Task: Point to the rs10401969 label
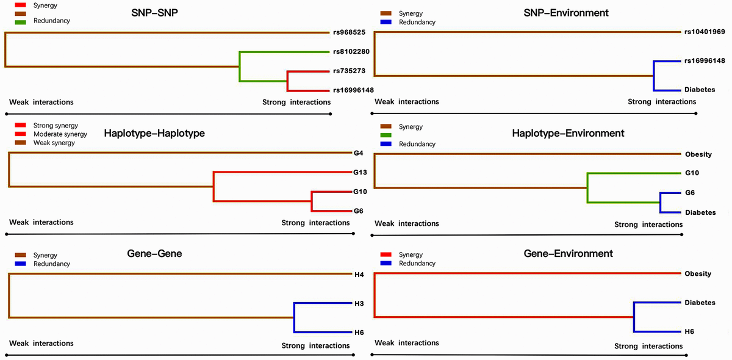705,32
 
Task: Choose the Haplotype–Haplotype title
154,133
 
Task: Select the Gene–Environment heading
569,253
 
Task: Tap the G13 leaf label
360,172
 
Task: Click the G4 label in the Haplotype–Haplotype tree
358,153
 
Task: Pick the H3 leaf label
359,303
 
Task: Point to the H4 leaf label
359,275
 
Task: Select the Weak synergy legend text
54,143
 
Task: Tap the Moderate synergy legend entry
60,134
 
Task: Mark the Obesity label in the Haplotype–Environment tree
698,154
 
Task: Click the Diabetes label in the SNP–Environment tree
700,90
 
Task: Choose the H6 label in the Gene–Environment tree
689,331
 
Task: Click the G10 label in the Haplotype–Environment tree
691,173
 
